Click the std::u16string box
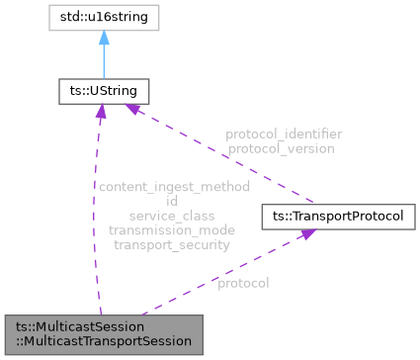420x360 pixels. click(103, 18)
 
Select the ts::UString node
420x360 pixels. click(103, 92)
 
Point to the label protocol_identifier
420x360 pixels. click(283, 134)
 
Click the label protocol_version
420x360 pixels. click(280, 148)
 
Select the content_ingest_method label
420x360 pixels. click(173, 186)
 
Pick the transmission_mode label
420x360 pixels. click(172, 229)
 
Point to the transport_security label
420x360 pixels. click(172, 244)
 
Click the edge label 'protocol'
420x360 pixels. click(243, 283)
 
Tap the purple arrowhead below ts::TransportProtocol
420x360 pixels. click(308, 233)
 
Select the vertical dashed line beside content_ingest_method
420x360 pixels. click(98, 218)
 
